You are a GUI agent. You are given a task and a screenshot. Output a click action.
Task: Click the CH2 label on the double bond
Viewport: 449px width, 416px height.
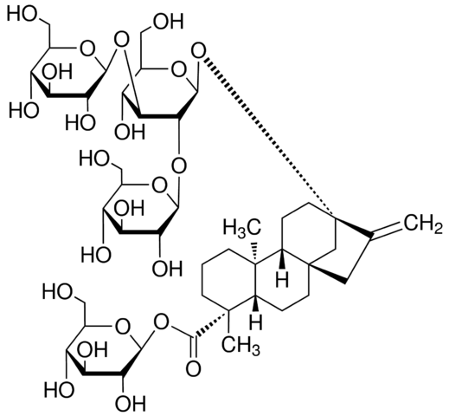[x=423, y=224]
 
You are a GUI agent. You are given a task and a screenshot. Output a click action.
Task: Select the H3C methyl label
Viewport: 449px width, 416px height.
[x=241, y=227]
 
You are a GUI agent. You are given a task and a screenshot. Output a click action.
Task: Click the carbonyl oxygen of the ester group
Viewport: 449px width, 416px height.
[x=193, y=368]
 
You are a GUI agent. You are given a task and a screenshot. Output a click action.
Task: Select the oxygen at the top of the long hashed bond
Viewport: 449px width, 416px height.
[x=199, y=52]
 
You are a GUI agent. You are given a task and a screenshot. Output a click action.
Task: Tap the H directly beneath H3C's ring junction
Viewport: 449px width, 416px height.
[x=282, y=279]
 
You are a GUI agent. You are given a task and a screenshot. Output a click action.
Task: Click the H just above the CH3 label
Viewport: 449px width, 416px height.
[x=256, y=322]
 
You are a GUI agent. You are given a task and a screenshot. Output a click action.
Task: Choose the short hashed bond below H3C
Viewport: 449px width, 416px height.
[x=254, y=250]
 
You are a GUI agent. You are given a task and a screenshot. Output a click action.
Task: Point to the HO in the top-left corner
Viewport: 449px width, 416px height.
[x=22, y=14]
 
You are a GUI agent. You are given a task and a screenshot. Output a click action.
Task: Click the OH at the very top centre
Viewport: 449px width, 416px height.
[x=169, y=21]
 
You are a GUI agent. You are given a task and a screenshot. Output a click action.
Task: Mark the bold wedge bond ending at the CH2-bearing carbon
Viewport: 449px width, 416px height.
[x=353, y=227]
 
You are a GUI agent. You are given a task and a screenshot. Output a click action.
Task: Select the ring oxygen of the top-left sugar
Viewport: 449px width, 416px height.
[x=87, y=49]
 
